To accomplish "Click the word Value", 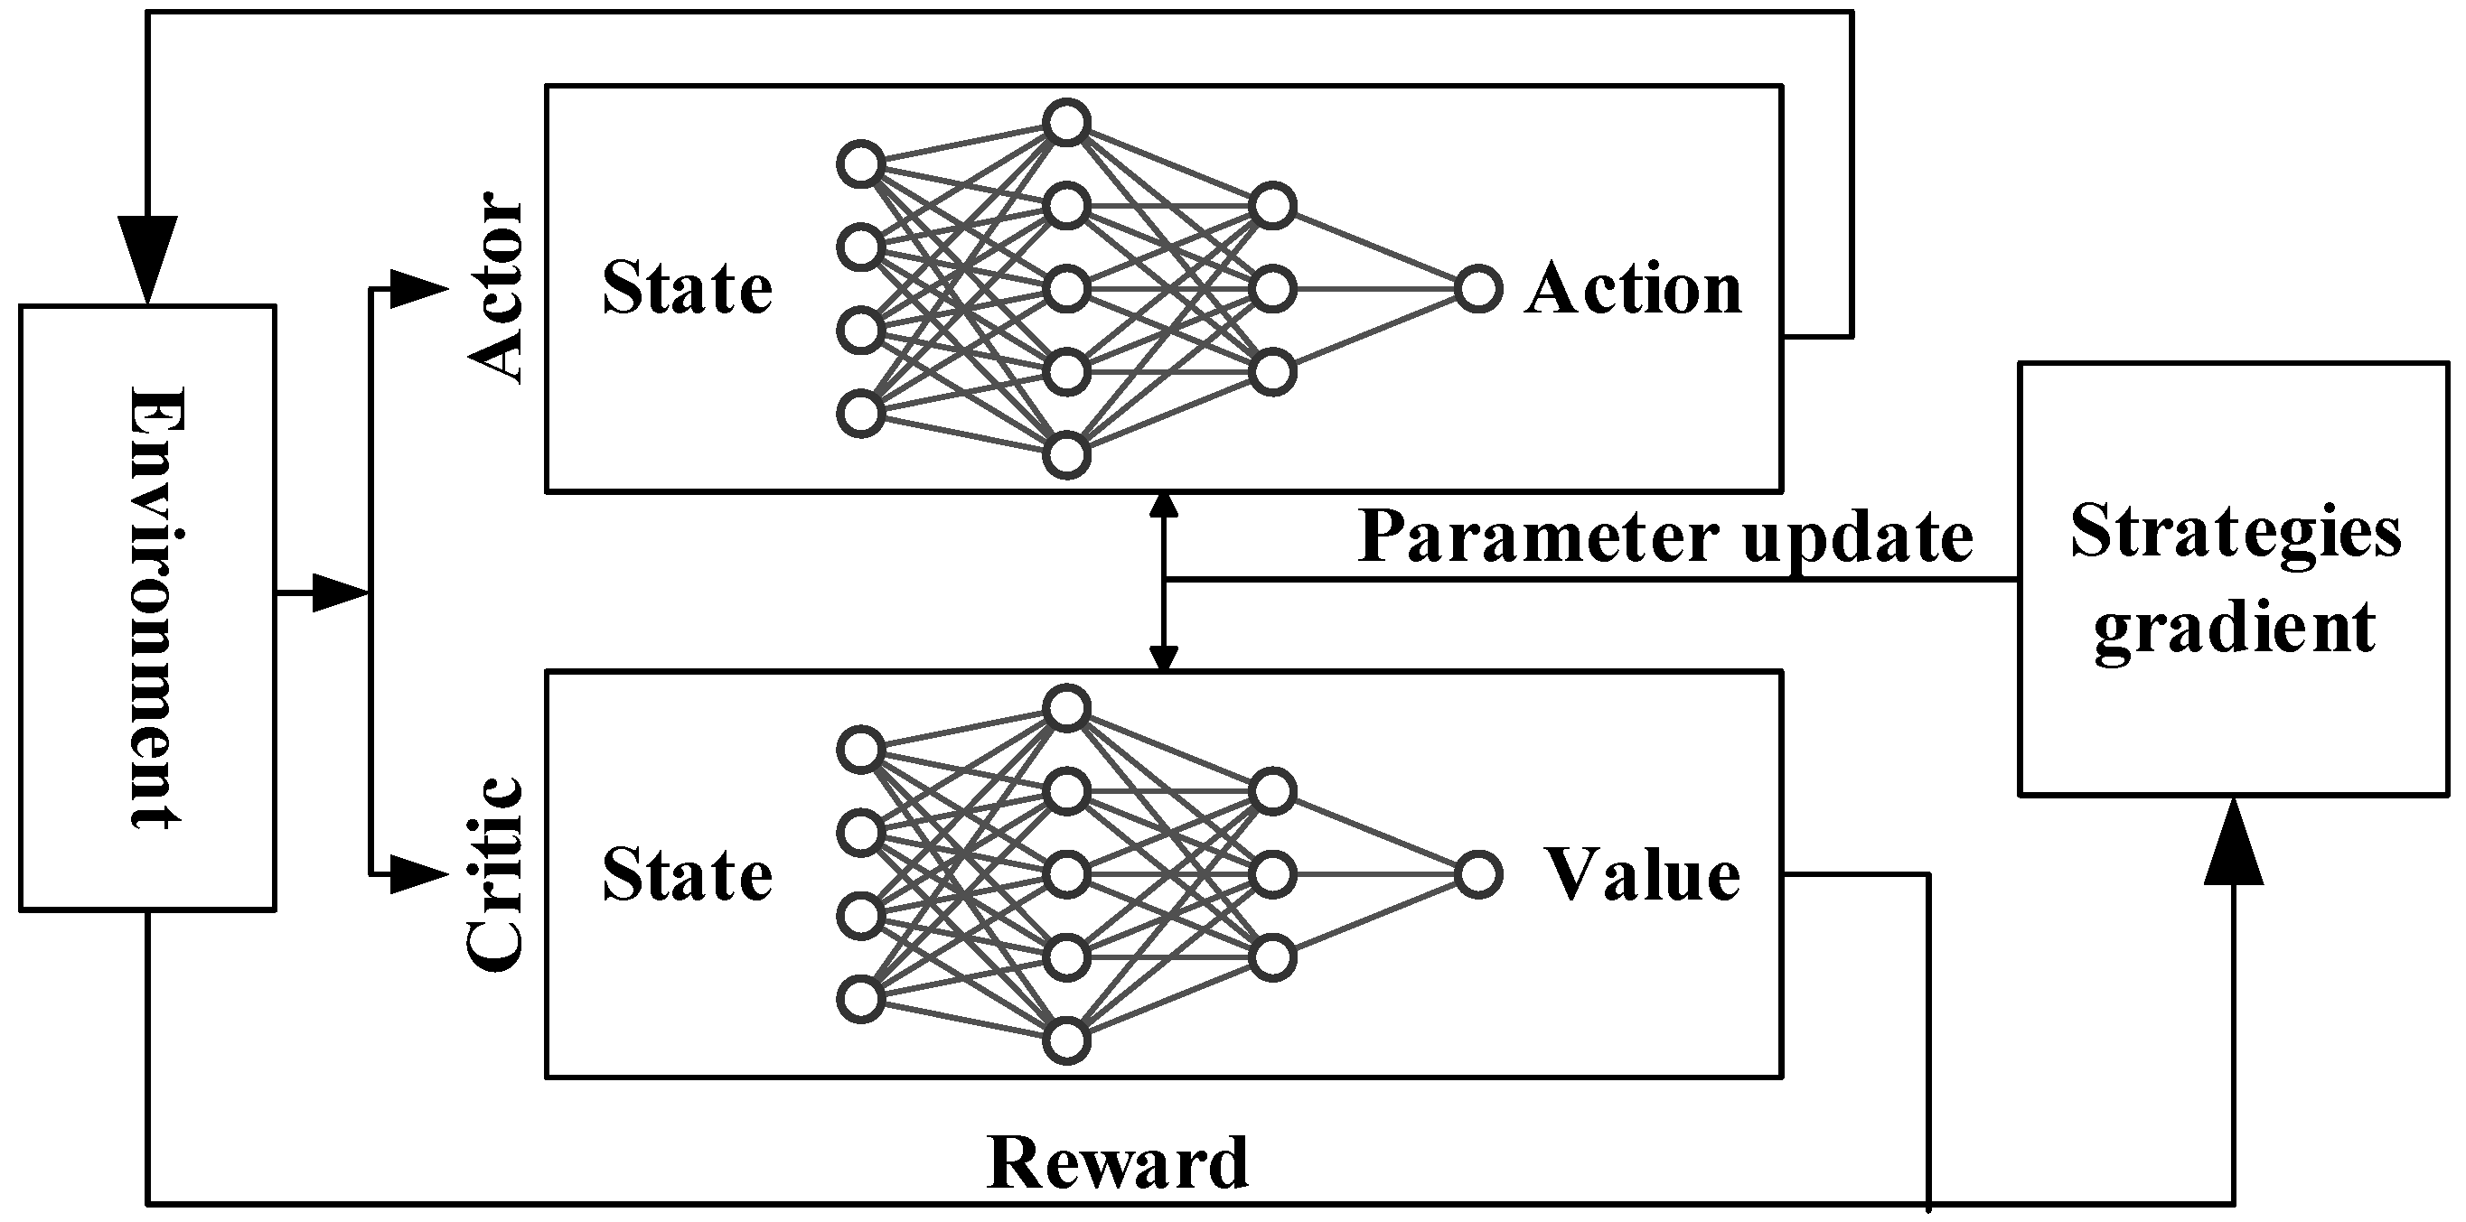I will (x=1643, y=875).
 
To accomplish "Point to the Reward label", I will (x=1117, y=1163).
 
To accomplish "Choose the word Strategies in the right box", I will (x=2236, y=532).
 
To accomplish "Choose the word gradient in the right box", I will (x=2236, y=628).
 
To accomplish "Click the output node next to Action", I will (x=1478, y=289).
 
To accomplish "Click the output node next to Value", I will (x=1478, y=874).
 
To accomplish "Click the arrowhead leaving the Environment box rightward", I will (x=338, y=593).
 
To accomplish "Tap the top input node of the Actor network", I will (x=859, y=164).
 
